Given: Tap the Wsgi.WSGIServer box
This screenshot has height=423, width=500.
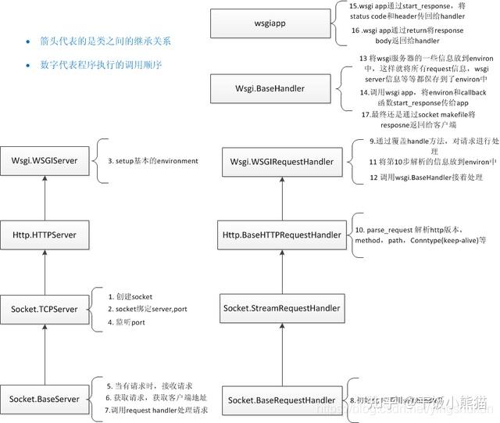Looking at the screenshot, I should (45, 161).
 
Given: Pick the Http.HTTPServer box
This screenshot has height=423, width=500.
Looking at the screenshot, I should (45, 233).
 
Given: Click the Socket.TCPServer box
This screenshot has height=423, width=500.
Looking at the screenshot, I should (45, 309).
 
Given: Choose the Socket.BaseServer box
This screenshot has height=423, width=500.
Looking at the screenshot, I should (45, 400).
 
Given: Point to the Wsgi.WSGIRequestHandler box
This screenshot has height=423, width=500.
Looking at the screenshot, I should (282, 161).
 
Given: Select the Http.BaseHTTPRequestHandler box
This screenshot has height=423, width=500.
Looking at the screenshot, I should (282, 233).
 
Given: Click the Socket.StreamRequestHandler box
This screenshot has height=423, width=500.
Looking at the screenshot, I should (282, 309).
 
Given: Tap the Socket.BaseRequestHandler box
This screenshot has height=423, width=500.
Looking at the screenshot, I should (282, 400).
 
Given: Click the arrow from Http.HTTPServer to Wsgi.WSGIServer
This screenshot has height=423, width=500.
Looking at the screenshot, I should (45, 196).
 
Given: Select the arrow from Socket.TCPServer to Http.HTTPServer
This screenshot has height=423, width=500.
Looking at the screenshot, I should (45, 270).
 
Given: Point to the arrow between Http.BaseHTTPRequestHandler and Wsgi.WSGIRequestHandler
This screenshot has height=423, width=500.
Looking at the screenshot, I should (282, 196).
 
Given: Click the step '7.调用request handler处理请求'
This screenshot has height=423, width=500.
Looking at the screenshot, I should (156, 410).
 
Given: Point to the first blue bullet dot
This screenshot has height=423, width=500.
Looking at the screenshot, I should (27, 41).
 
